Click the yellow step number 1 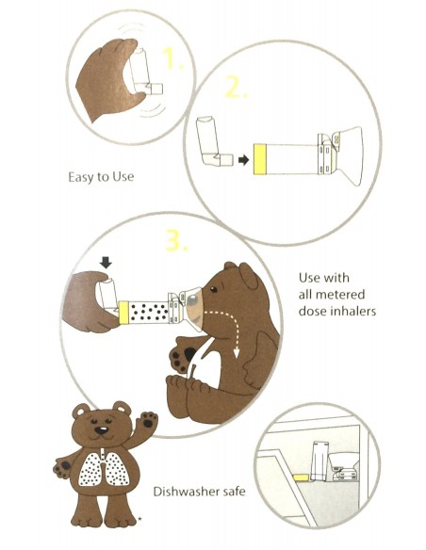pyautogui.click(x=172, y=57)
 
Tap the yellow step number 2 pyautogui.click(x=237, y=87)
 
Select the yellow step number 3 pyautogui.click(x=176, y=239)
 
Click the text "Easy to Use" pyautogui.click(x=101, y=177)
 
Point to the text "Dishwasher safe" pyautogui.click(x=199, y=492)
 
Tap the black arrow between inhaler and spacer pyautogui.click(x=243, y=160)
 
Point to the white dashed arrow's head pyautogui.click(x=237, y=353)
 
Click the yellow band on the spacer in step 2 pyautogui.click(x=260, y=159)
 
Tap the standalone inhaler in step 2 pyautogui.click(x=212, y=142)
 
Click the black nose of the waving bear pyautogui.click(x=102, y=429)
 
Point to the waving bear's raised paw pyautogui.click(x=149, y=420)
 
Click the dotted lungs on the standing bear pyautogui.click(x=105, y=468)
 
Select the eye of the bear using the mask pyautogui.click(x=213, y=289)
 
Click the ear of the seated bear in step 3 pyautogui.click(x=248, y=276)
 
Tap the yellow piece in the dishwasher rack pyautogui.click(x=301, y=477)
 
